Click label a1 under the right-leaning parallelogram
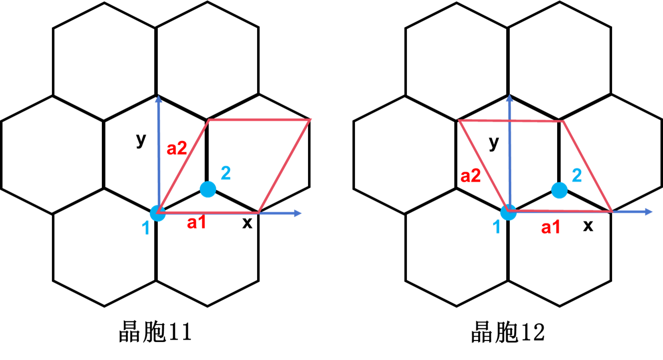click(x=196, y=223)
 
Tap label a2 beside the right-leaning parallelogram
click(x=177, y=148)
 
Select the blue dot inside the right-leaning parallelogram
click(x=208, y=189)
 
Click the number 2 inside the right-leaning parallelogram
click(x=226, y=173)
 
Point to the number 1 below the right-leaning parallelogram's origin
click(x=146, y=229)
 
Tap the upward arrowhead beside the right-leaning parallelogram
click(x=158, y=98)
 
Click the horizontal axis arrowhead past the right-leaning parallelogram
click(x=298, y=213)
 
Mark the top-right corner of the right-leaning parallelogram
click(x=311, y=120)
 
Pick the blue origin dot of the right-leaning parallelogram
click(x=158, y=213)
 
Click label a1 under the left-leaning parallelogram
click(x=551, y=228)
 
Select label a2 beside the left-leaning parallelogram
click(x=470, y=176)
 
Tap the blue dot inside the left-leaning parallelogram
click(x=559, y=190)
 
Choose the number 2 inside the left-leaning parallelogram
click(x=577, y=175)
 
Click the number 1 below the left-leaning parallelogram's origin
click(x=497, y=228)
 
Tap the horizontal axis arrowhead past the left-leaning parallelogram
click(x=649, y=212)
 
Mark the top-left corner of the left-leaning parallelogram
click(x=459, y=120)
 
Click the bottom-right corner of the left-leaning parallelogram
click(x=612, y=211)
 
